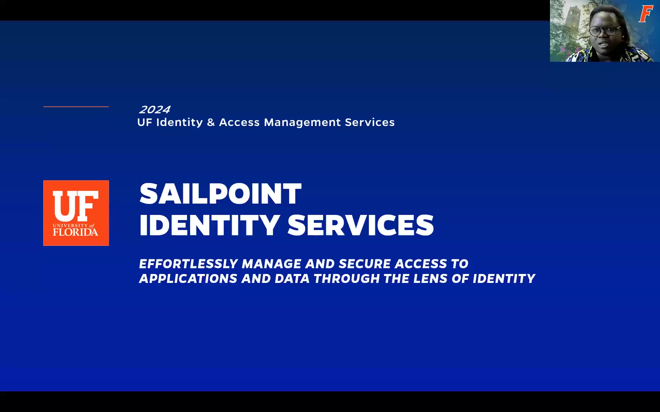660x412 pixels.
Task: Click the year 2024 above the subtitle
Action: (154, 110)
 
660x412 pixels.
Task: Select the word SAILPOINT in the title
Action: (220, 194)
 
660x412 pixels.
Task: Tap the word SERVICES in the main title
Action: (361, 225)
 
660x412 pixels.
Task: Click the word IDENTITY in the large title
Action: (209, 225)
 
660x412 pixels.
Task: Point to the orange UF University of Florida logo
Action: (76, 213)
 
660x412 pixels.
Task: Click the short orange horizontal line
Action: (76, 107)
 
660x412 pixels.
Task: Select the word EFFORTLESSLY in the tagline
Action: (188, 264)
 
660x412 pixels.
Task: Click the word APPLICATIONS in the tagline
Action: (188, 278)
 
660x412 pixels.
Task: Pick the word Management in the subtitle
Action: (302, 123)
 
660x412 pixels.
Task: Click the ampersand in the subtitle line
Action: (211, 122)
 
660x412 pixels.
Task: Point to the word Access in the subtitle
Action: (239, 122)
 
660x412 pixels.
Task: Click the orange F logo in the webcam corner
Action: (646, 14)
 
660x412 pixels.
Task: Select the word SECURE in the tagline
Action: (364, 264)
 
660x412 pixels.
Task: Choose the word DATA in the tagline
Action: (292, 278)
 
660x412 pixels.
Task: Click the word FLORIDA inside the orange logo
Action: (76, 232)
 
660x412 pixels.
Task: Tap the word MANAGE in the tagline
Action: (272, 264)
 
